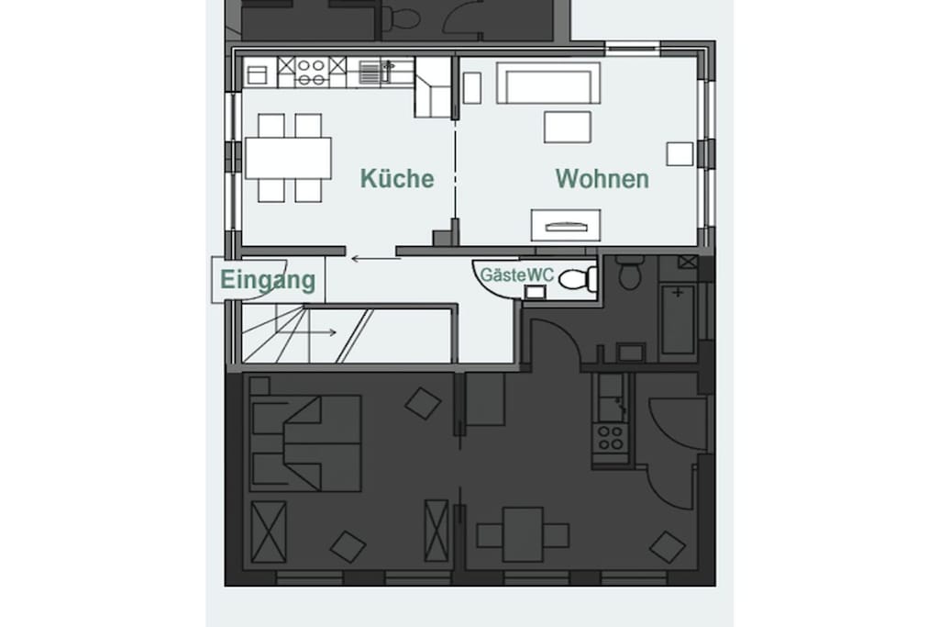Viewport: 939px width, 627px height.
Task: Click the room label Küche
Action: tap(396, 179)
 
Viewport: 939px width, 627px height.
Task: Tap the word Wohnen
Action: tap(602, 179)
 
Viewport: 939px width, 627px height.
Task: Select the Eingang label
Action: tap(268, 280)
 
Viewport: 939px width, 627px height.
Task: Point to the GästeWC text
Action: tap(517, 275)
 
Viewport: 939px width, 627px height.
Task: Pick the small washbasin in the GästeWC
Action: tap(535, 292)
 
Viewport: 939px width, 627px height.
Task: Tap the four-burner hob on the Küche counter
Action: tap(312, 73)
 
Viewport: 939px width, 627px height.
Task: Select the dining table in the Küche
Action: tap(288, 158)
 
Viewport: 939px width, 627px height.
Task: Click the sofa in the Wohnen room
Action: tap(548, 83)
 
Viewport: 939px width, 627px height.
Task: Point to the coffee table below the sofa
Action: tap(567, 127)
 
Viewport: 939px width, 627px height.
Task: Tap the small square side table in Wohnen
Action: tap(679, 154)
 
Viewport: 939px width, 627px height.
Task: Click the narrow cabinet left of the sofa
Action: tap(472, 88)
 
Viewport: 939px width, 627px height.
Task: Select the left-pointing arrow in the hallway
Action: tap(375, 259)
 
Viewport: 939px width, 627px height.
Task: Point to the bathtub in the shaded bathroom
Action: tap(678, 319)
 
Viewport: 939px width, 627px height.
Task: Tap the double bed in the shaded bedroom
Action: tap(305, 443)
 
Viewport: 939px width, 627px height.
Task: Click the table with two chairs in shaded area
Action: tap(523, 534)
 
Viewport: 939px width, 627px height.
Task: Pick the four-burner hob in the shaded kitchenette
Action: tap(610, 438)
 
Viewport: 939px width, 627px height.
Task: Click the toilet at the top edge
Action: tap(402, 17)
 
